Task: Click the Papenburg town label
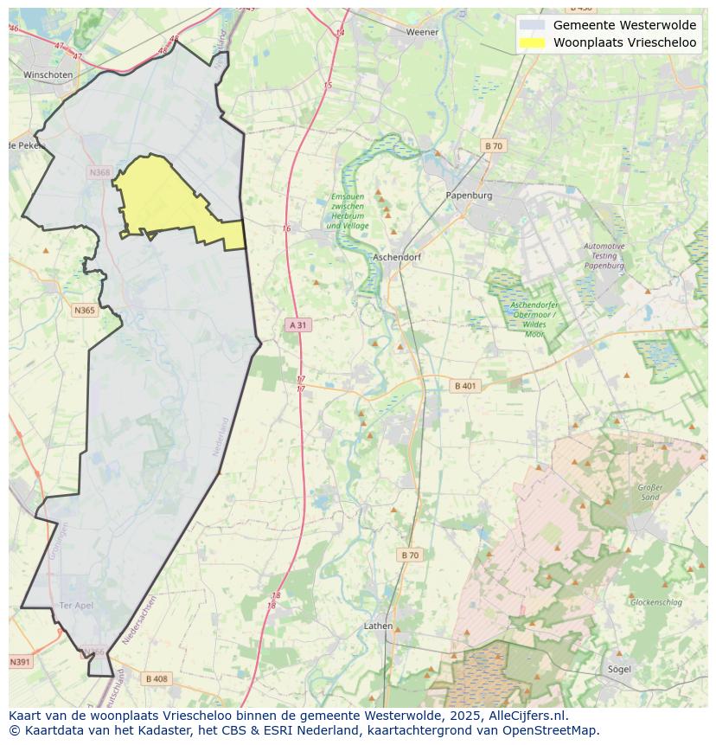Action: [x=469, y=196]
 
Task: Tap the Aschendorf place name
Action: [x=396, y=258]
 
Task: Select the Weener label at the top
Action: [x=423, y=32]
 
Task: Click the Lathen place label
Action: [x=378, y=626]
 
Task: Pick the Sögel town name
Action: [x=618, y=669]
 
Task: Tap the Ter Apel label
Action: [x=76, y=605]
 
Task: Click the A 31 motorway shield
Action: [x=297, y=325]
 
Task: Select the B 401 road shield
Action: [x=466, y=386]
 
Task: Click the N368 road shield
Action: [x=100, y=173]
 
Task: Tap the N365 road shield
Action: [x=84, y=310]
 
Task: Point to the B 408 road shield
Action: [x=157, y=678]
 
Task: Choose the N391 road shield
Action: [x=20, y=662]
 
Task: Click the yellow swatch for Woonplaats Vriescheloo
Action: [x=533, y=42]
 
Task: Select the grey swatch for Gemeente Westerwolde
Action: [x=533, y=25]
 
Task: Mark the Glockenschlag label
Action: [x=656, y=602]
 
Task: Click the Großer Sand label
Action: [x=649, y=492]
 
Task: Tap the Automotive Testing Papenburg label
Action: [x=604, y=256]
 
